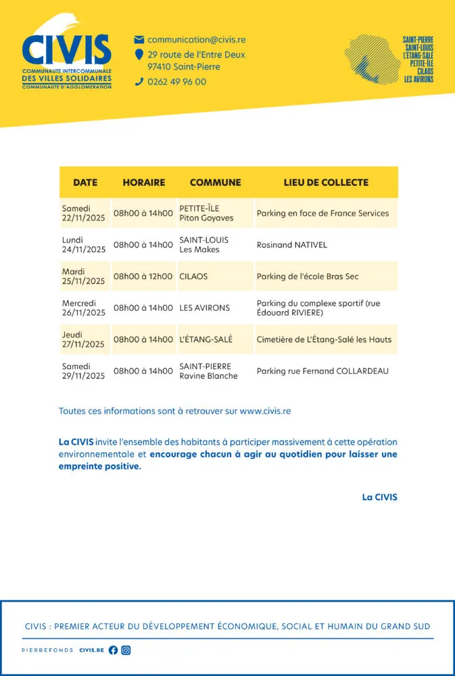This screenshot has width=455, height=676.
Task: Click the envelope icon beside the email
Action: pos(139,40)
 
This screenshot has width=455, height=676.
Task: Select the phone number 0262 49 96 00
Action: pos(176,82)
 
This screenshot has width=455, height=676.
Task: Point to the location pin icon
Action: pos(139,55)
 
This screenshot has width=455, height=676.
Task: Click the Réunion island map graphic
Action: pos(371,58)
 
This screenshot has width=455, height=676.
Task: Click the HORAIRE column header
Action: pos(143,183)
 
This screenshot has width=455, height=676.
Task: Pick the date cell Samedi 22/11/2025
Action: pos(84,214)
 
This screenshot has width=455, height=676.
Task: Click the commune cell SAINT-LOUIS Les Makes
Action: pos(203,245)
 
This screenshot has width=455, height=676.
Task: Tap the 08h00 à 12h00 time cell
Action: pos(143,276)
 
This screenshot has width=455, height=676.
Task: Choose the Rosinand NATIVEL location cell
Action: pos(291,245)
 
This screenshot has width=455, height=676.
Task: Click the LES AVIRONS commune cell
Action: pos(204,308)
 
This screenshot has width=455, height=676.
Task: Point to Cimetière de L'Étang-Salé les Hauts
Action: pos(324,339)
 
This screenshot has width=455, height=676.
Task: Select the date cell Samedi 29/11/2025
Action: pos(84,371)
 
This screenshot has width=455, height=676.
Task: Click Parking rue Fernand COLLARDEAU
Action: pos(322,371)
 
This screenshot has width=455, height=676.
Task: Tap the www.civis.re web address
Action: pos(265,410)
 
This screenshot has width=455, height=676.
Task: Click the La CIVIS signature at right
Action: pos(379,497)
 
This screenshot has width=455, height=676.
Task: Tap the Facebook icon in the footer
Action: pos(113,650)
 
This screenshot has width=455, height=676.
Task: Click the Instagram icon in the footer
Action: pos(126,650)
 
